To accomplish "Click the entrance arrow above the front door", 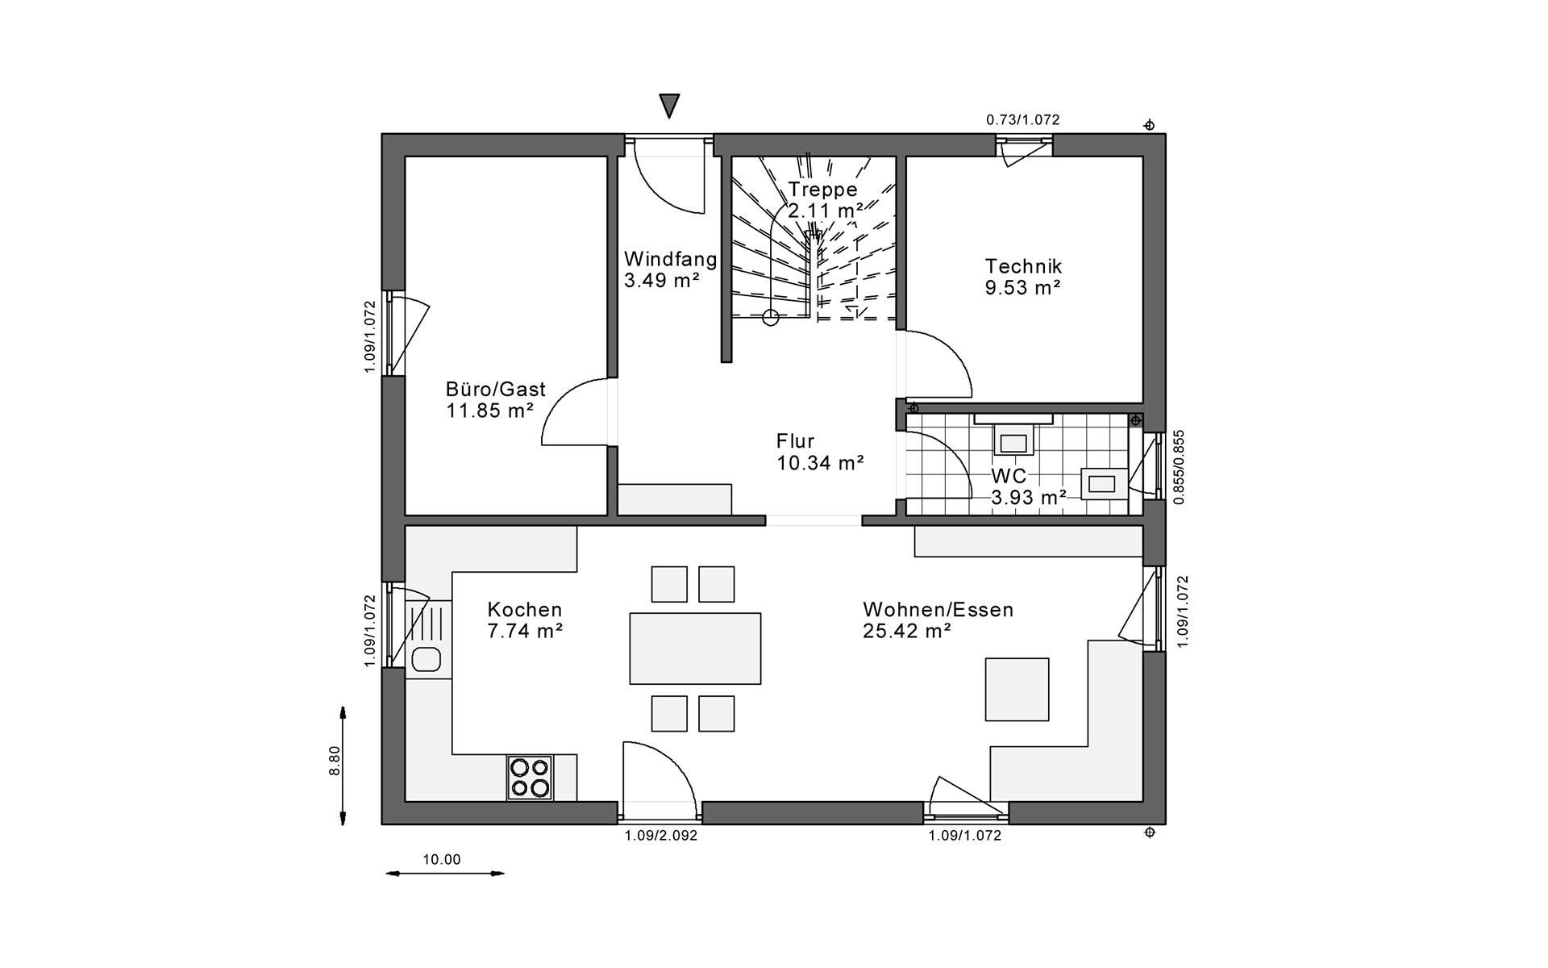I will coord(669,105).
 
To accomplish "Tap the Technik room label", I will coord(1023,266).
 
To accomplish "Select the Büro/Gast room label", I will coord(496,389).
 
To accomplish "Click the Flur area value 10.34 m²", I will coord(820,463).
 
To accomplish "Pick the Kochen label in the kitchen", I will coord(525,610).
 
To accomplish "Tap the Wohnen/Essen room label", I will coord(938,610).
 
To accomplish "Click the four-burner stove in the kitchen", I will coord(530,777).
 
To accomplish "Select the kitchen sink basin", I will coord(427,660).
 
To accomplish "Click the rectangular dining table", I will coord(695,648).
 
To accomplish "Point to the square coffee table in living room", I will coord(1017,689).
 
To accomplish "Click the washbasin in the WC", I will coord(1102,483).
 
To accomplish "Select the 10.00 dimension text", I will coord(442,860).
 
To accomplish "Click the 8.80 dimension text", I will coord(335,761).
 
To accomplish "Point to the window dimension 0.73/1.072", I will coord(1022,120).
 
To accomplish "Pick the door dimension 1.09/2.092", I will coord(660,836).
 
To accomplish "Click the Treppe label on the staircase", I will coord(822,190).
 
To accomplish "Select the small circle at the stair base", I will coord(771,318).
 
